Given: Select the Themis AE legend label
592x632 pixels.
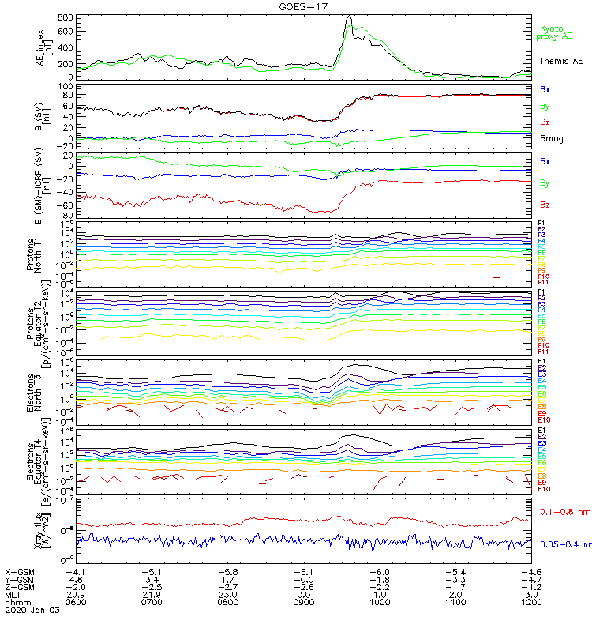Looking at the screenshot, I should [561, 61].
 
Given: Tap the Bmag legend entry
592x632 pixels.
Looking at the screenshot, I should [551, 137].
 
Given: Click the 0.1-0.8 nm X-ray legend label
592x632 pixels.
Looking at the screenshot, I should [561, 513].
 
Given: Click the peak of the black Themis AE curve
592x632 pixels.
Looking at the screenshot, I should [349, 17].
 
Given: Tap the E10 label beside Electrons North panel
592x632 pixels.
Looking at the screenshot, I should [545, 419].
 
